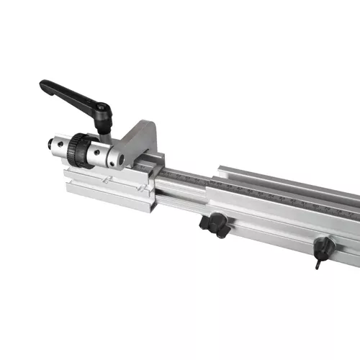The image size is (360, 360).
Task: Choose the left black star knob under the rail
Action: (x=214, y=225)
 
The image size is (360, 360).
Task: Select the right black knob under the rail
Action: (x=324, y=248)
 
